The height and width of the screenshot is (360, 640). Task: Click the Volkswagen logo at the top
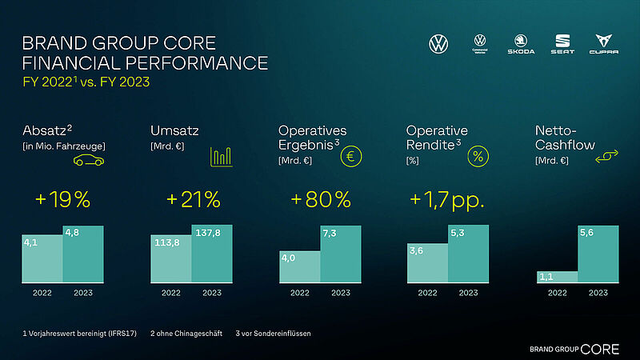pyautogui.click(x=439, y=44)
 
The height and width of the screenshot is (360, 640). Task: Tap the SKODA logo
pyautogui.click(x=521, y=45)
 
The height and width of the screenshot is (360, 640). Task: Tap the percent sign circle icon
pyautogui.click(x=478, y=156)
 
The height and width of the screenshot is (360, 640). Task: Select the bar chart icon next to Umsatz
pyautogui.click(x=222, y=157)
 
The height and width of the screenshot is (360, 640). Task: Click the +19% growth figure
pyautogui.click(x=62, y=200)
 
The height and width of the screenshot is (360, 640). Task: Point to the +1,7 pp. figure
pyautogui.click(x=447, y=200)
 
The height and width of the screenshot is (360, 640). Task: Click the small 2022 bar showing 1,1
pyautogui.click(x=557, y=277)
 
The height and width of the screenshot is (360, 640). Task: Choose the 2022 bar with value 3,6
pyautogui.click(x=427, y=263)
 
